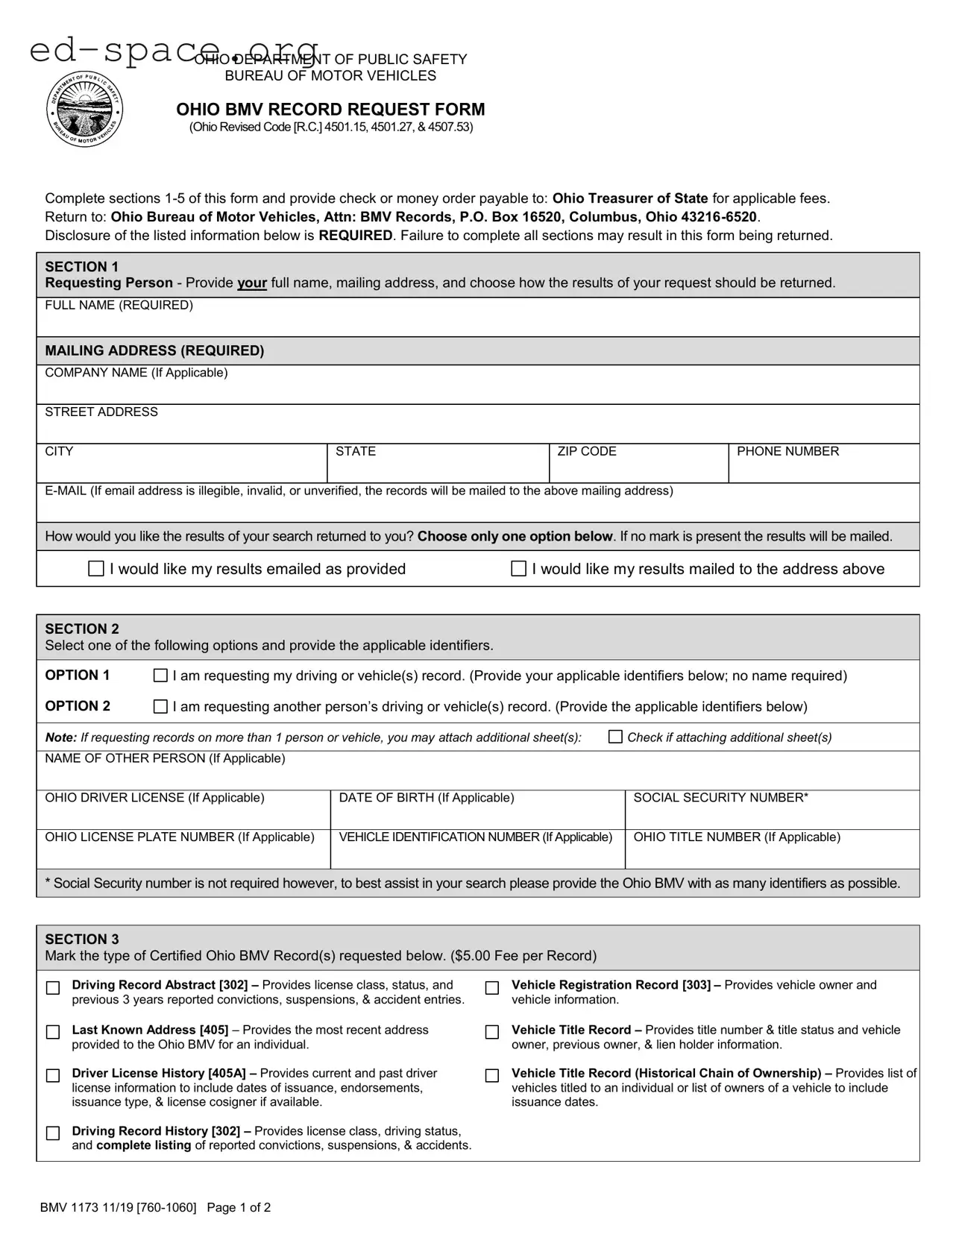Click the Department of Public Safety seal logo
point(84,110)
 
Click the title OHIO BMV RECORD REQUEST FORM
point(330,110)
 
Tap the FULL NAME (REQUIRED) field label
point(119,305)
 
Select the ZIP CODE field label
point(586,451)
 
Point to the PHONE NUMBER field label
point(787,451)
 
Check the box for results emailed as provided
point(96,569)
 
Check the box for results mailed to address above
point(518,569)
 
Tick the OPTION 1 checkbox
point(160,676)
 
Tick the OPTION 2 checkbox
point(160,706)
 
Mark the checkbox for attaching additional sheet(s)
point(615,737)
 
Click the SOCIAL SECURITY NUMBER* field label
point(720,798)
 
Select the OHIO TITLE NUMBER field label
point(736,837)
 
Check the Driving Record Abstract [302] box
point(53,988)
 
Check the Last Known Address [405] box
point(53,1032)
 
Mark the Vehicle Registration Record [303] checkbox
point(492,988)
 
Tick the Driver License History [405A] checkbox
point(53,1076)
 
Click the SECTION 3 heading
point(82,939)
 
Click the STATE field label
point(355,451)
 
